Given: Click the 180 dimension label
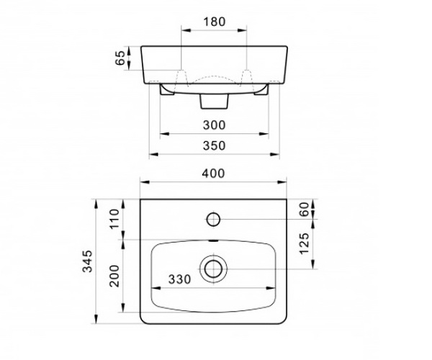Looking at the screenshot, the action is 214,22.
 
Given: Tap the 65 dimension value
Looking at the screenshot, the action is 120,58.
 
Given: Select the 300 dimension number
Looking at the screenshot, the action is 214,125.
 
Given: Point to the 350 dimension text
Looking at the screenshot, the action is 214,145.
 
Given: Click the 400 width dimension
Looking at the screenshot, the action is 213,174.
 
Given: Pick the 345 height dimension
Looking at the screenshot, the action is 88,261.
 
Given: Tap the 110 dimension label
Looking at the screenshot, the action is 114,219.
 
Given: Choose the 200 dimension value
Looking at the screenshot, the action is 114,276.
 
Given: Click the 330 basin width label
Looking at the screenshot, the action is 179,279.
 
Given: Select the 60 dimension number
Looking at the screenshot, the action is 305,210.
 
